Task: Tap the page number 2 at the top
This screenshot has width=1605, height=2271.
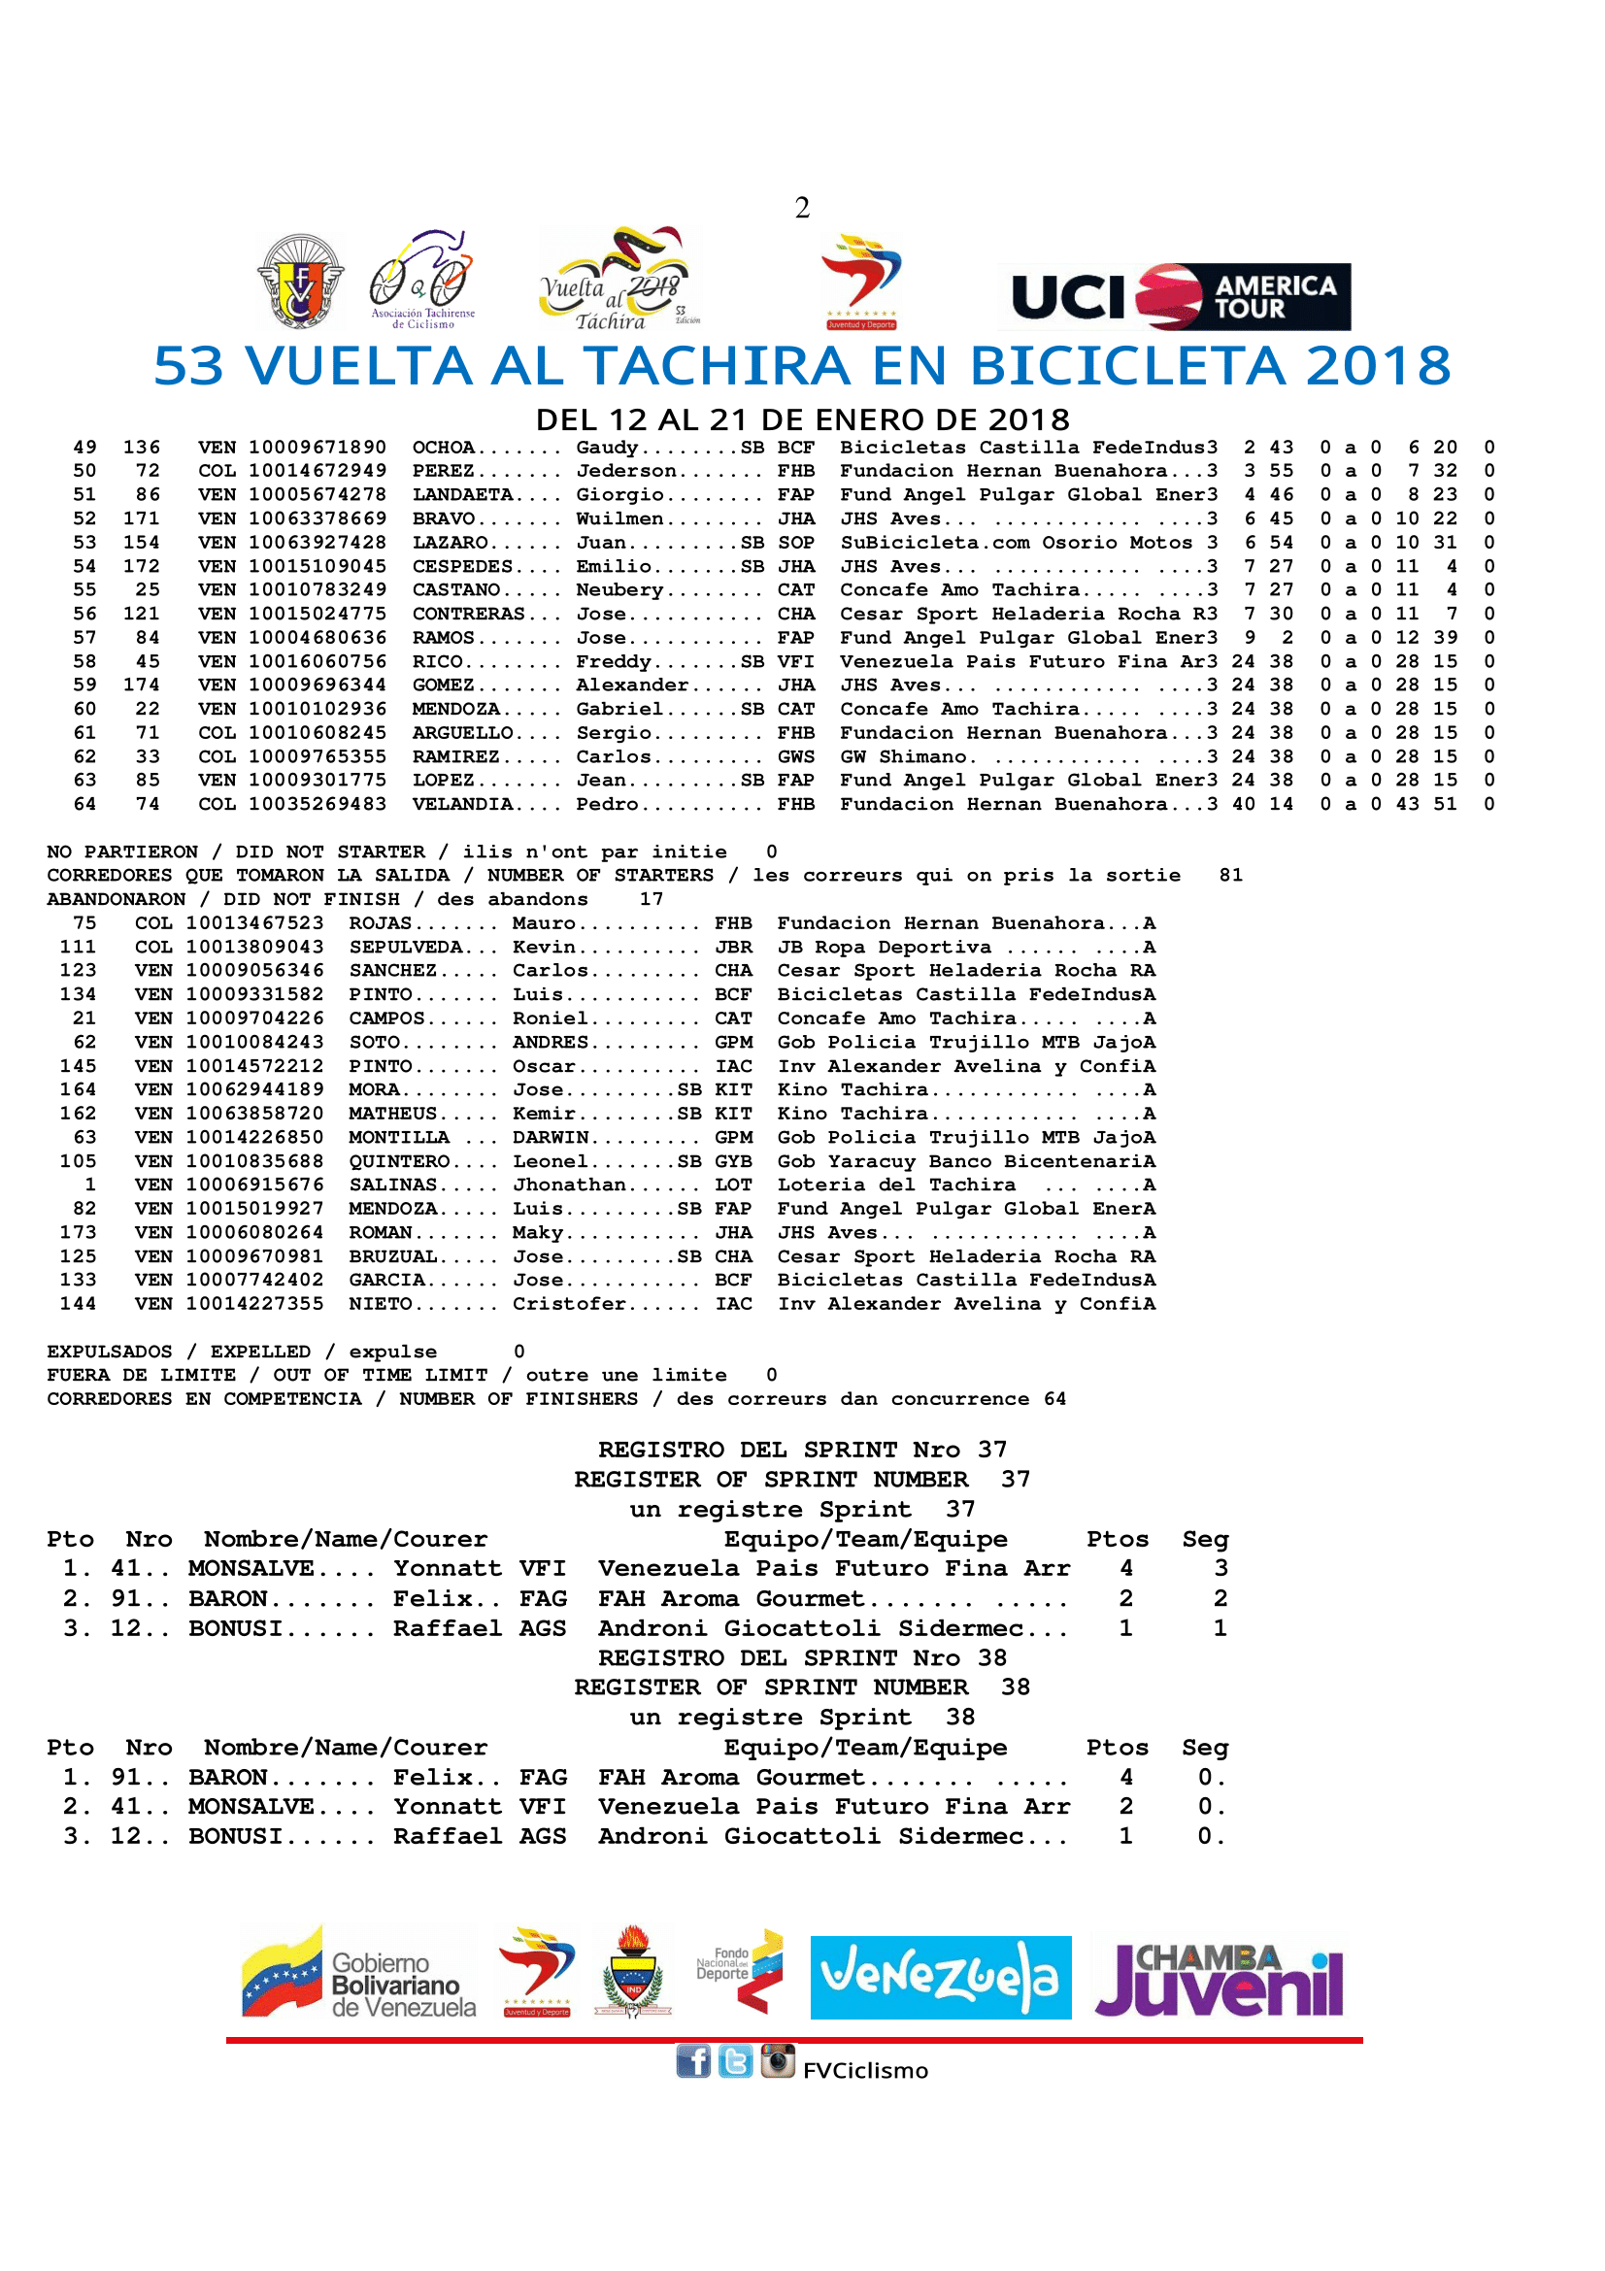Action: (x=802, y=208)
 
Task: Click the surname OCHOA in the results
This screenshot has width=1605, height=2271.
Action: (x=444, y=447)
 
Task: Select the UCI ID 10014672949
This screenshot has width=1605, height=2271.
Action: (x=318, y=471)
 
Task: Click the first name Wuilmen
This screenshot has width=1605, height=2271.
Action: (x=620, y=518)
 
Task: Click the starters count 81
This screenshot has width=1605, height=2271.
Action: (x=1230, y=876)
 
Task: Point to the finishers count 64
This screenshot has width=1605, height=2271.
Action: (x=1055, y=1398)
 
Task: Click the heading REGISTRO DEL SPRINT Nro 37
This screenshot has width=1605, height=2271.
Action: (x=802, y=1450)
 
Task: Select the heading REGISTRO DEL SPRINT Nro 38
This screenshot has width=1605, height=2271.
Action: (x=802, y=1657)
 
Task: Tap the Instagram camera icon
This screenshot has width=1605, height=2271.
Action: (x=778, y=2060)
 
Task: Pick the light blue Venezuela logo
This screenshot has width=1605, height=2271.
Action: (x=940, y=1978)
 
